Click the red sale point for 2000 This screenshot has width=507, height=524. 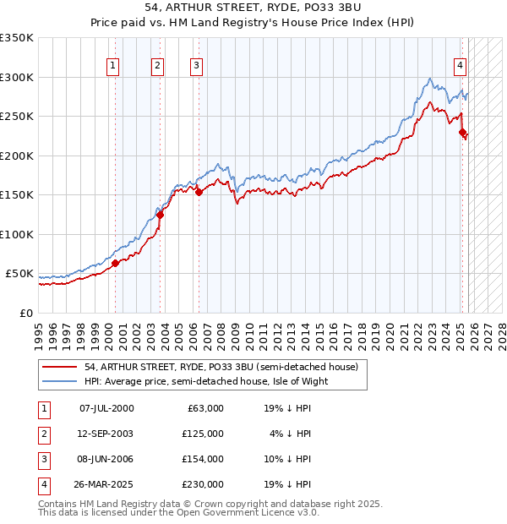point(115,263)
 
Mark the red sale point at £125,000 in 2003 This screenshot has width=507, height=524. point(160,215)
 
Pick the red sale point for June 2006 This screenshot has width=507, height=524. point(199,192)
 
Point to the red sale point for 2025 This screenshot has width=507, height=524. point(462,132)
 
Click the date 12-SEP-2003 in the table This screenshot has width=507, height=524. point(106,434)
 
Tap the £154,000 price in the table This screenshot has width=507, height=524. point(203,459)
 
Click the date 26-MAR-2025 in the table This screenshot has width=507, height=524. point(106,484)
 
